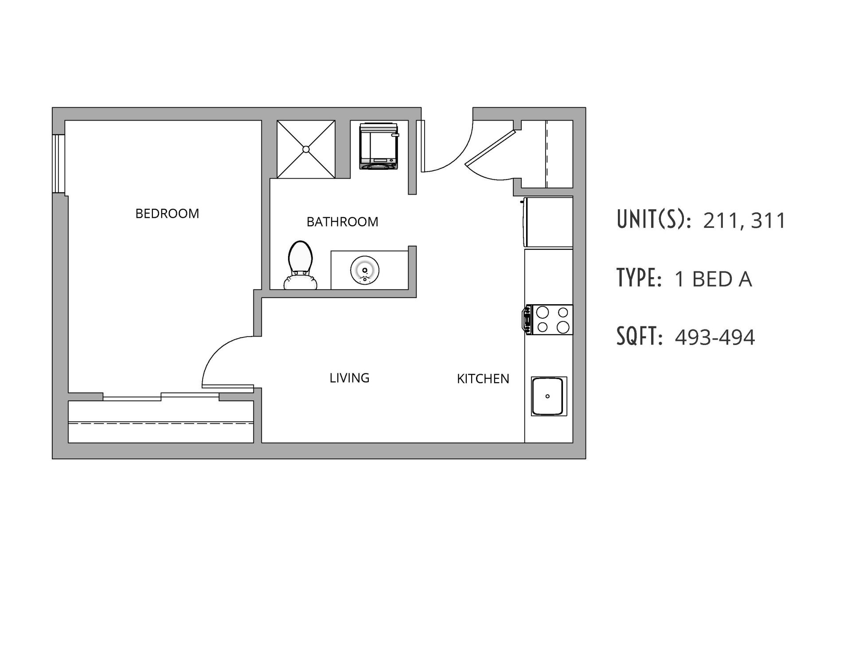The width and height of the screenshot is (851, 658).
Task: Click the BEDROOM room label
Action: tap(167, 214)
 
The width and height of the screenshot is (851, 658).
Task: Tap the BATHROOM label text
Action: tap(342, 222)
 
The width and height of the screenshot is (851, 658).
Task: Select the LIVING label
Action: tap(349, 378)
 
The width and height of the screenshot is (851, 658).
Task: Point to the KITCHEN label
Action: tap(483, 379)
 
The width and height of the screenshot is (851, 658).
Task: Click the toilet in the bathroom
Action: tap(300, 265)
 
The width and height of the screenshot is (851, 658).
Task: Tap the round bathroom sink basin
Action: tap(365, 270)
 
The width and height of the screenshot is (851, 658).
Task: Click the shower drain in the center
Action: tap(306, 149)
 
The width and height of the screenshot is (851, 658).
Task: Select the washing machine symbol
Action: tap(379, 146)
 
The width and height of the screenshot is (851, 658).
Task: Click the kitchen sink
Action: tap(548, 396)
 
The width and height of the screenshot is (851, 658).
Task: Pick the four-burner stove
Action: tap(550, 320)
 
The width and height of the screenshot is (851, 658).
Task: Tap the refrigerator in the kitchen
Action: tap(548, 222)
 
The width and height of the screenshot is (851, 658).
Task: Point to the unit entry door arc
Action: tap(452, 160)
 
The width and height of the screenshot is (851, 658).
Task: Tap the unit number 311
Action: tap(769, 220)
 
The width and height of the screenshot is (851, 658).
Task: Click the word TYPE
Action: tap(639, 278)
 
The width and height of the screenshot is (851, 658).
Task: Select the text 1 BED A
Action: tap(713, 279)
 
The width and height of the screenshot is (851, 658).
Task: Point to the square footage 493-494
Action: tap(714, 337)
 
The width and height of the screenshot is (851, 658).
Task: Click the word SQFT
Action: tap(639, 337)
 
